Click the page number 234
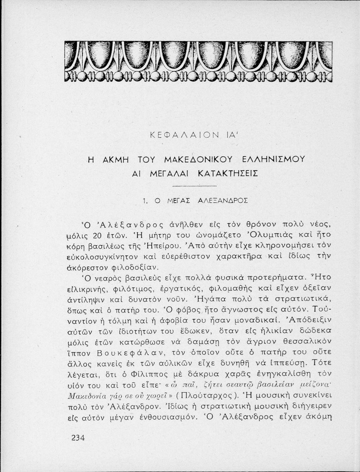(x=78, y=438)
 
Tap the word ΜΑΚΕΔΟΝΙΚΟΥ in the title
(x=198, y=160)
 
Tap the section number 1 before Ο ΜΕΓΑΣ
(x=145, y=201)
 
